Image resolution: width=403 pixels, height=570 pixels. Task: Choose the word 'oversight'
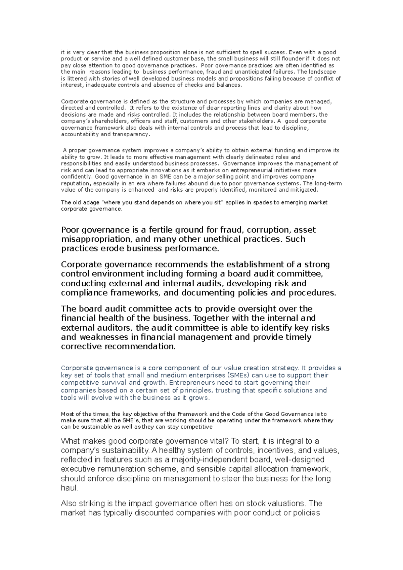[x=260, y=309]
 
